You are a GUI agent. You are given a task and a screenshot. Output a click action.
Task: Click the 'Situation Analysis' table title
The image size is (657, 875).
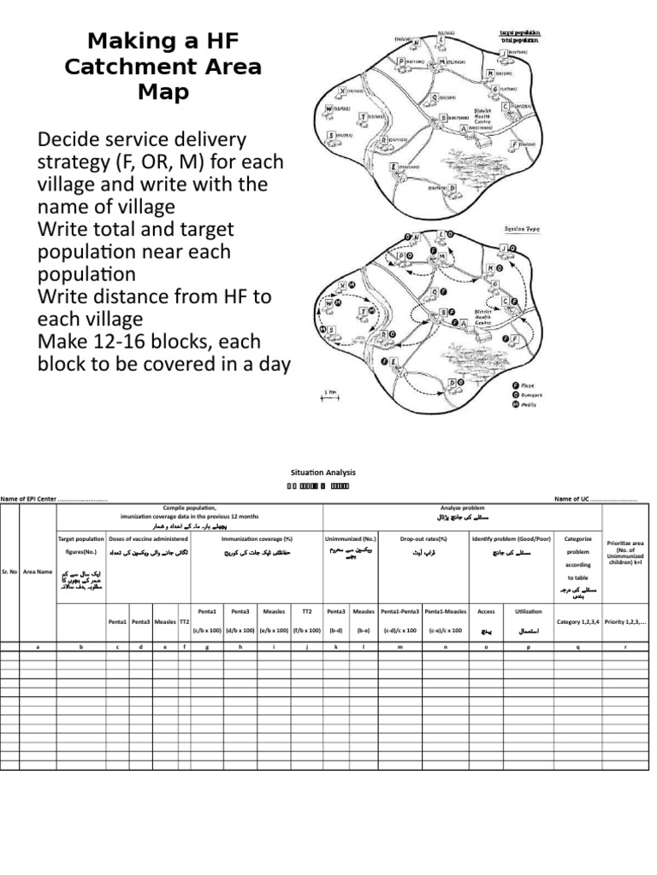(x=317, y=472)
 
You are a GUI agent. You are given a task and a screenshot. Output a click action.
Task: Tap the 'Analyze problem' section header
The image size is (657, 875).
(x=462, y=508)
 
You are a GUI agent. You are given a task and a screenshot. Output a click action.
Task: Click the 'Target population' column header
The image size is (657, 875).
(x=80, y=539)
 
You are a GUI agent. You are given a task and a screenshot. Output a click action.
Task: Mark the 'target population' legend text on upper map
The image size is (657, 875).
(x=520, y=32)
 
